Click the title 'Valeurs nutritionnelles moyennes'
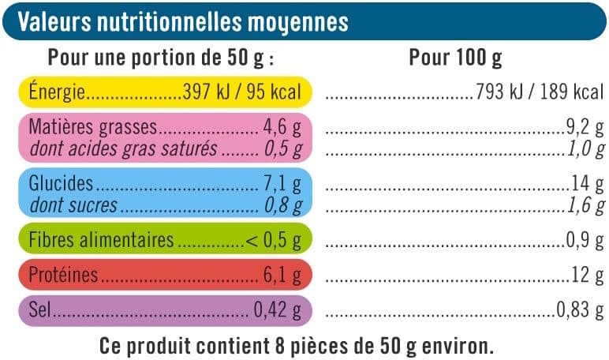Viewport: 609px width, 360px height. coord(183,22)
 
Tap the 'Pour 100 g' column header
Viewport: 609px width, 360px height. coord(455,58)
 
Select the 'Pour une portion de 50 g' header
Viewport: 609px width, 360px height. coord(155,58)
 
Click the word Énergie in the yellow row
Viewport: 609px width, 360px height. coord(57,92)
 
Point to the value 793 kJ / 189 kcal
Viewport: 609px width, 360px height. coord(540,92)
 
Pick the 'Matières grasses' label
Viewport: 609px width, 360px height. coord(93,127)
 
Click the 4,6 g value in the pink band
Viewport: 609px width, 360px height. coord(282,127)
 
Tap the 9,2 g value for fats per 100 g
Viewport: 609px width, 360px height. coord(585,127)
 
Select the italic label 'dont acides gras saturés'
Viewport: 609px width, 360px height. coord(124,149)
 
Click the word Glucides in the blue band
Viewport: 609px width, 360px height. coord(61,183)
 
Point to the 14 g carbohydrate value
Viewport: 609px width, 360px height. coord(588,183)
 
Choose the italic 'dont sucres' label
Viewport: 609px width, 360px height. coord(73,205)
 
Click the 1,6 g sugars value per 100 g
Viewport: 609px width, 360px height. coord(586,205)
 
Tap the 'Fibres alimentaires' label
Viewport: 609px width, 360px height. coord(102,239)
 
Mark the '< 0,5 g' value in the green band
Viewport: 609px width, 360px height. coord(274,240)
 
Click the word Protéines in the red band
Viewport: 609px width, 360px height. coord(63,275)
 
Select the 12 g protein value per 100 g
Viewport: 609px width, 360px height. coord(588,275)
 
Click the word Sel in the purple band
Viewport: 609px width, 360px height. coord(39,309)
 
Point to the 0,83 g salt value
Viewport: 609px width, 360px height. coord(581,309)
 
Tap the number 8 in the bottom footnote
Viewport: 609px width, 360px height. coord(280,346)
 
